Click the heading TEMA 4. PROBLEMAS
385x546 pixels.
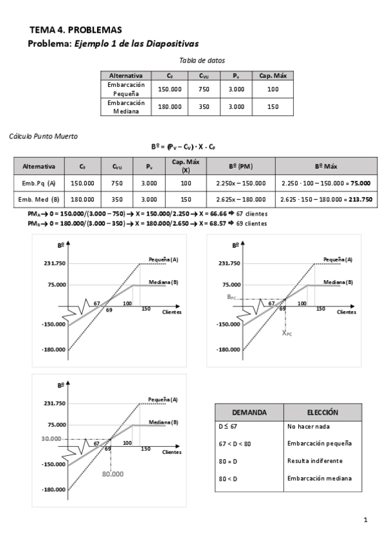(x=75, y=30)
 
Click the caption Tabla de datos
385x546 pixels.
(x=202, y=60)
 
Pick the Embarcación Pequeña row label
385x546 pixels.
(x=125, y=89)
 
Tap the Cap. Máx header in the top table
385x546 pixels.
(x=273, y=75)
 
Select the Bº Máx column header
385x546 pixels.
(x=326, y=165)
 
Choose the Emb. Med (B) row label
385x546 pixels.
(x=39, y=200)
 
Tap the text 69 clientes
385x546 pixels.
(x=253, y=223)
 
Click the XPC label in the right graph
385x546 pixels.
(x=287, y=333)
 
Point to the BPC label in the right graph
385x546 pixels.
(x=233, y=296)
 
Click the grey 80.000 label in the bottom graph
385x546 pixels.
(x=112, y=473)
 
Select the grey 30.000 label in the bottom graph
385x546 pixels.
(x=50, y=438)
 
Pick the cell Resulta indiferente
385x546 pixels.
(x=315, y=461)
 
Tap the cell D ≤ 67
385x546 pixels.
(x=229, y=426)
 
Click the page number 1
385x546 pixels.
(x=365, y=520)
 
